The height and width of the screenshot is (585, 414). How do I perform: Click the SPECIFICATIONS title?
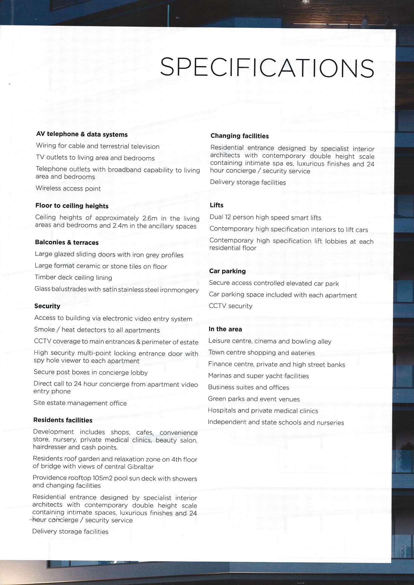coord(267,67)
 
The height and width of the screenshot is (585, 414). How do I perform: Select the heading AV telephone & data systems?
coord(82,134)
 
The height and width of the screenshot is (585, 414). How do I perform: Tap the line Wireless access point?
coord(68,188)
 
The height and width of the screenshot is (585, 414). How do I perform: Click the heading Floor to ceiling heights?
coord(72,206)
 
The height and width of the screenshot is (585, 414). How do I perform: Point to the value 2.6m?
coord(149,218)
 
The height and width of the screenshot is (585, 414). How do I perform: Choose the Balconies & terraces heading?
coord(67,242)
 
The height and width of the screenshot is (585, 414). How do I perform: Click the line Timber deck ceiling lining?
coord(73,277)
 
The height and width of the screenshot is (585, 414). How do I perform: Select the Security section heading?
coord(47,306)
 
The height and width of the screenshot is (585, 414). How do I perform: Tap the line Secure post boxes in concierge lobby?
coord(91,373)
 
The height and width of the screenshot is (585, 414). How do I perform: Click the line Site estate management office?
coord(80,403)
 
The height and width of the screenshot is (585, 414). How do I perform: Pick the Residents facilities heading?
coord(63,420)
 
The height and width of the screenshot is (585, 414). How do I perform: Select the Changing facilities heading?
coord(240,136)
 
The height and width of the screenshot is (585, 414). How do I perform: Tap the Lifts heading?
coord(217,205)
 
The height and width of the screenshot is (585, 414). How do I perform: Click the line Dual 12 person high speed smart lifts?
coord(265,218)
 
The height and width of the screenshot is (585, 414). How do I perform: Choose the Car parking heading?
coord(227,271)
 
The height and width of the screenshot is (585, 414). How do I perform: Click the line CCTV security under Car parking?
coord(231,306)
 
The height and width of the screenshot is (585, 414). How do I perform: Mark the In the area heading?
coord(225,329)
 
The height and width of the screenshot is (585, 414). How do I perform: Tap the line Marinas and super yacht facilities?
coord(259,376)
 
